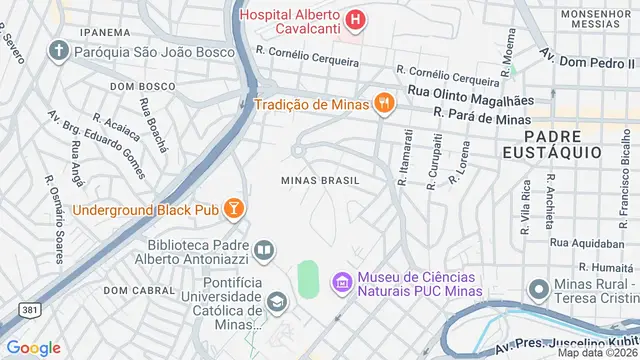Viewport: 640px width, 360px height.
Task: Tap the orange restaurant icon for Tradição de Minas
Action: coord(383,102)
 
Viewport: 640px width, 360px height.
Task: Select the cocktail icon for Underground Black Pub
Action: coord(232,208)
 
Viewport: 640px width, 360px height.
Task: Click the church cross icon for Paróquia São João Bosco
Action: coord(59,50)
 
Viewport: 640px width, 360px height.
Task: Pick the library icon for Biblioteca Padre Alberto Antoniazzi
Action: coord(264,250)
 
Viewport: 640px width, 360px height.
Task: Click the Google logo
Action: coord(34,347)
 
